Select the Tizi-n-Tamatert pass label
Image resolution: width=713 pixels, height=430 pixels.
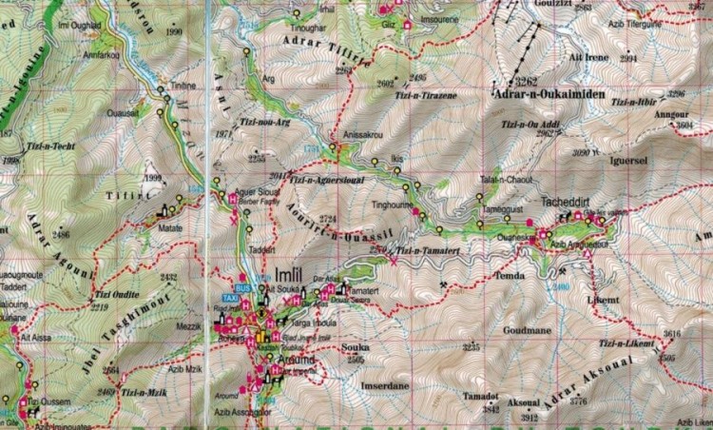(427, 250)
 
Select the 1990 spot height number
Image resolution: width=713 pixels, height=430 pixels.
(173, 32)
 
